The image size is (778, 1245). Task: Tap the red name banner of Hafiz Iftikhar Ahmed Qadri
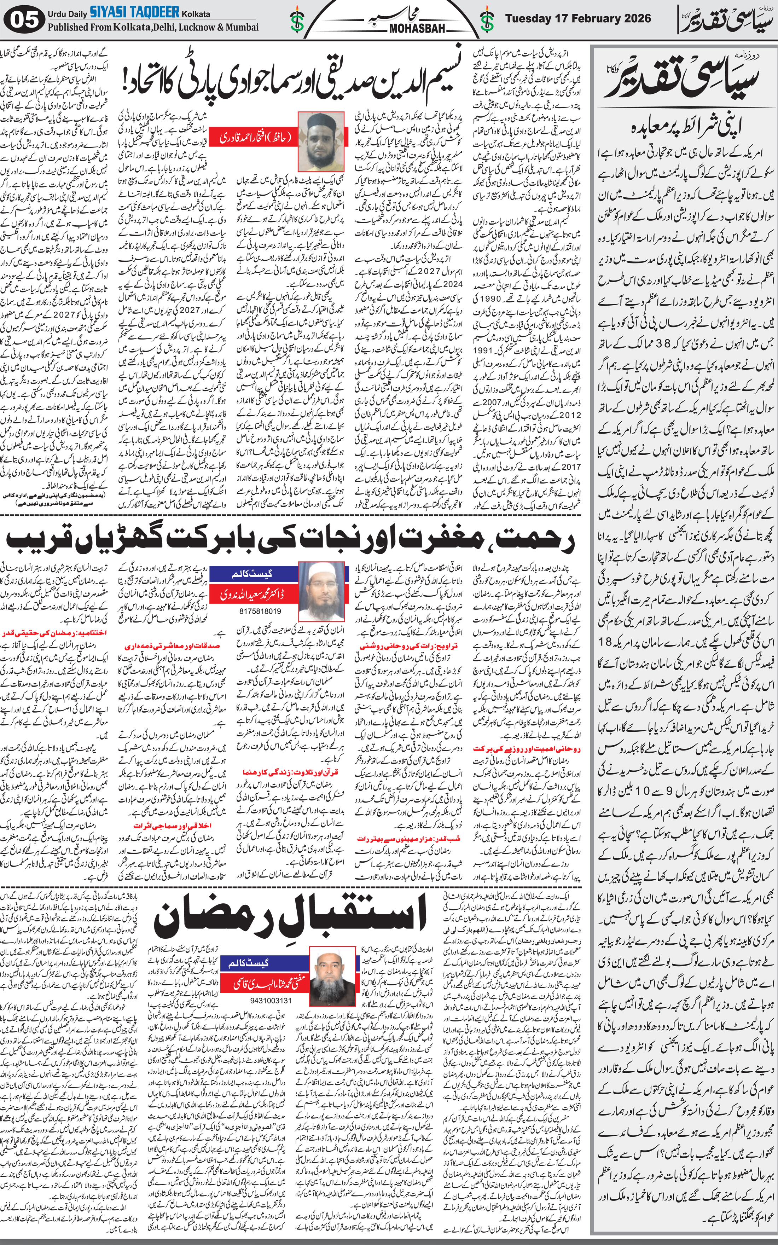point(256,137)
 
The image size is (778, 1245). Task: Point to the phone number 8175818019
point(260,611)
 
